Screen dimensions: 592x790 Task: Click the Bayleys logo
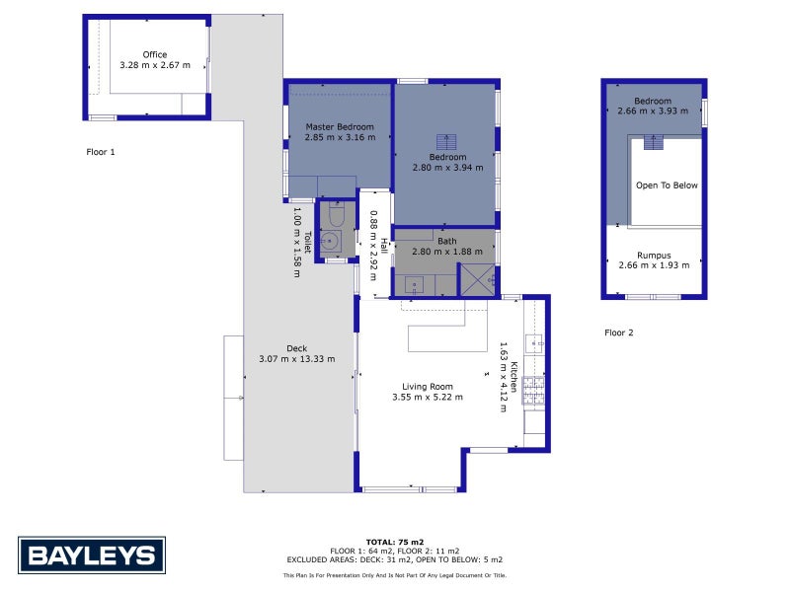[x=92, y=555]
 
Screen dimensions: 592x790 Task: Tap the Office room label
[x=154, y=54]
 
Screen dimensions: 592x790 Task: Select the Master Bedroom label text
[x=340, y=127]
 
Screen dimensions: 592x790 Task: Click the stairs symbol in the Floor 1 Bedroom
[x=447, y=142]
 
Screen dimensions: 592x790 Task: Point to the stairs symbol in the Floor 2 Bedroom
[x=653, y=142]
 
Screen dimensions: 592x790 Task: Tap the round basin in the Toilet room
[x=331, y=240]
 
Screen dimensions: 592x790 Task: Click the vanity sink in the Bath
[x=416, y=284]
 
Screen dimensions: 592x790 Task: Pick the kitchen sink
[x=533, y=343]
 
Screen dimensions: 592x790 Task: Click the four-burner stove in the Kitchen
[x=533, y=391]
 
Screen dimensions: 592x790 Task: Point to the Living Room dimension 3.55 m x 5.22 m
[x=428, y=398]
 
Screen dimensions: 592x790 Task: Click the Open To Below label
[x=667, y=185]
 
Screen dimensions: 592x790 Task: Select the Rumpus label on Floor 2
[x=653, y=255]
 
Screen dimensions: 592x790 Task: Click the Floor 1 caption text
[x=100, y=152]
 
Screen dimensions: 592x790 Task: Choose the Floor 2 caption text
[x=618, y=333]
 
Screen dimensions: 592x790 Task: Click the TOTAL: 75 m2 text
[x=395, y=542]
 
